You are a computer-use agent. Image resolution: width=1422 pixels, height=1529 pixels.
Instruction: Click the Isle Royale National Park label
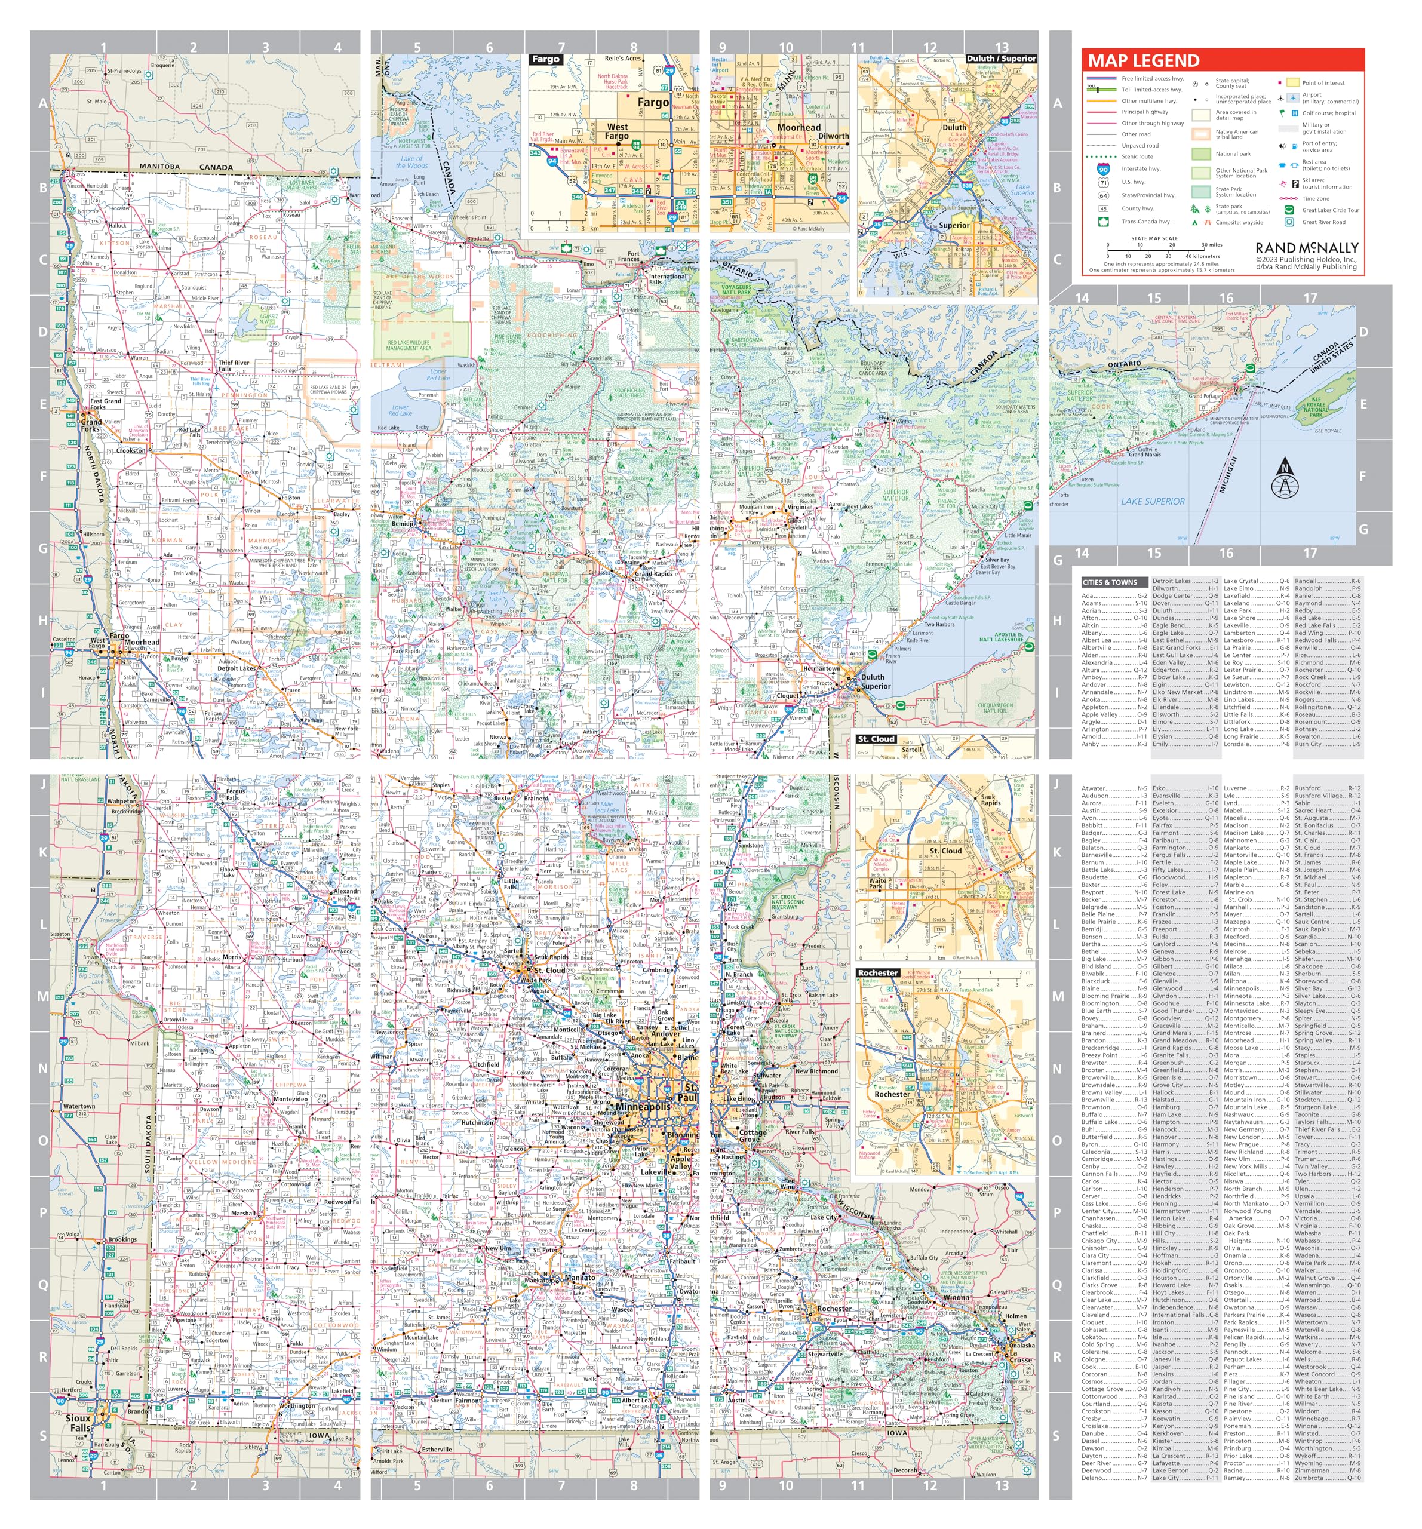tap(1315, 407)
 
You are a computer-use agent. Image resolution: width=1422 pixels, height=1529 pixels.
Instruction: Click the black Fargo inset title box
tap(545, 59)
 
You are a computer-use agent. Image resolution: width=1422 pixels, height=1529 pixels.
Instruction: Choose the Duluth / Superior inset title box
tap(1000, 59)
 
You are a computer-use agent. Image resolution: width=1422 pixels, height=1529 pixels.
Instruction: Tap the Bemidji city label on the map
tap(404, 523)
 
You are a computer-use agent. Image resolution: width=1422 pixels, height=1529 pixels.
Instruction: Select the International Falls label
tap(666, 278)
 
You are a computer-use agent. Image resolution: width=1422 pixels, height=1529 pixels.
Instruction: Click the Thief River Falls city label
tap(234, 366)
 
